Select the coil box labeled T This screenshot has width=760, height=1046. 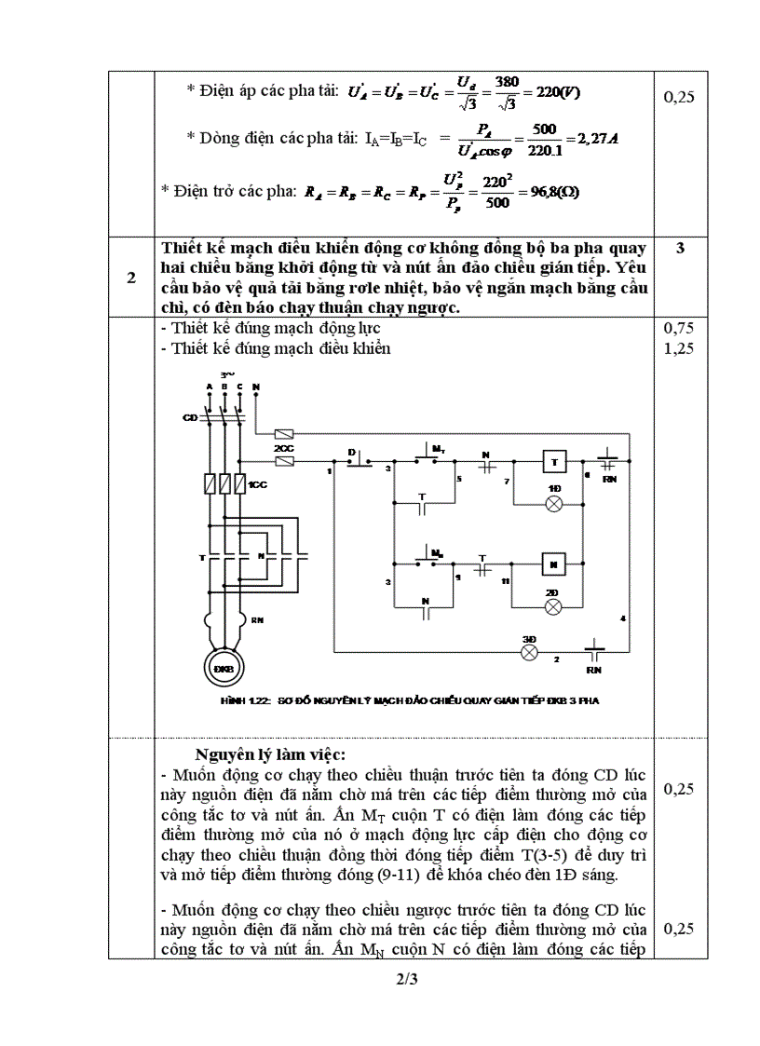pyautogui.click(x=553, y=463)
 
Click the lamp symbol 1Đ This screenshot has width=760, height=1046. pyautogui.click(x=554, y=504)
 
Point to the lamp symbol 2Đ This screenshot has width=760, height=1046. pyautogui.click(x=553, y=606)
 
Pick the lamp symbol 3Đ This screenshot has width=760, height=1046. pyautogui.click(x=529, y=652)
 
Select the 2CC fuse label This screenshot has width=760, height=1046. pyautogui.click(x=283, y=448)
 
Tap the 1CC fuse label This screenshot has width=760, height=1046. pyautogui.click(x=258, y=485)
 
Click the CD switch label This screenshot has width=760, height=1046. pyautogui.click(x=189, y=417)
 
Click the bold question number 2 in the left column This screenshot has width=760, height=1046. pyautogui.click(x=131, y=278)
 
